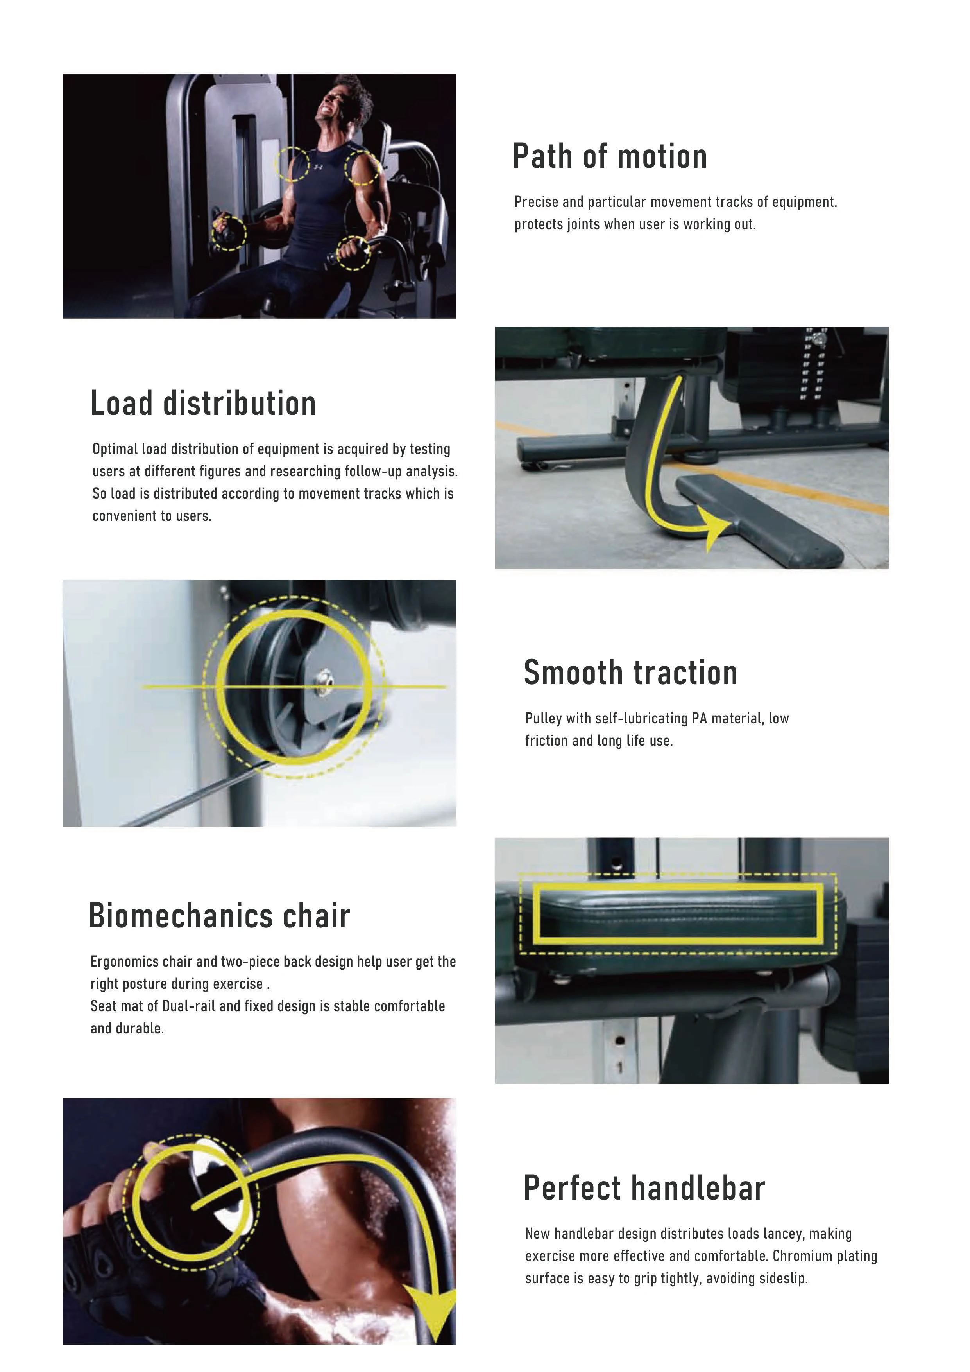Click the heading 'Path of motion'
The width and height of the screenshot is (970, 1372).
click(610, 156)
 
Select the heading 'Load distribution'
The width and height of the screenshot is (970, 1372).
click(203, 404)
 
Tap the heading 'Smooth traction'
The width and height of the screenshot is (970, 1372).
click(631, 673)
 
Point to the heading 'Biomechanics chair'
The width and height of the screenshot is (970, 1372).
click(219, 916)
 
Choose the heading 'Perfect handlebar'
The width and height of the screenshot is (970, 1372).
click(644, 1188)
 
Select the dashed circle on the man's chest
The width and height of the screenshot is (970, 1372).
click(292, 163)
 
